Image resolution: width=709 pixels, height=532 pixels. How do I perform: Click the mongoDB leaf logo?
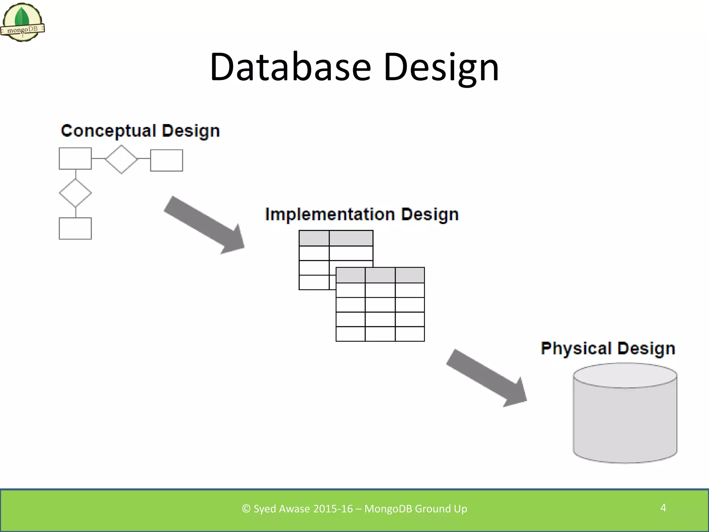(22, 22)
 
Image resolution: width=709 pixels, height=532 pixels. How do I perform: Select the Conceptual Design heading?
(140, 131)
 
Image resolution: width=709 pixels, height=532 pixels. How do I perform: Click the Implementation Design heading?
(362, 214)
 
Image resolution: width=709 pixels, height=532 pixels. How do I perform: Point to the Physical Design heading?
(608, 348)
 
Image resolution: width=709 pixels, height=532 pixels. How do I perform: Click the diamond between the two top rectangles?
(121, 159)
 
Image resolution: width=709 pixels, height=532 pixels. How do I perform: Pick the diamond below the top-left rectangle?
(75, 193)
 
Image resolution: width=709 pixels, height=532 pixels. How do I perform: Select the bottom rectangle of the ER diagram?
(75, 228)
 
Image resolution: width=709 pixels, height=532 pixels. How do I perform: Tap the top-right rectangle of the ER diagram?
(167, 160)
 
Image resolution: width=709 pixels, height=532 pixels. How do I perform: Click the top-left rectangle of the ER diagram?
(75, 158)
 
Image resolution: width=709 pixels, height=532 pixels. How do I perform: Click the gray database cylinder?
(625, 423)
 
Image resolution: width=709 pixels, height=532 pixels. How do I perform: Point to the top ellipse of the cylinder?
(625, 375)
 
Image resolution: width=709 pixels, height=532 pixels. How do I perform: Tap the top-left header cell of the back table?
(314, 238)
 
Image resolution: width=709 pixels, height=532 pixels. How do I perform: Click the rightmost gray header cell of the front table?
(410, 275)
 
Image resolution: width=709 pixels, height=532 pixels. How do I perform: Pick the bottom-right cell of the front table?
(410, 334)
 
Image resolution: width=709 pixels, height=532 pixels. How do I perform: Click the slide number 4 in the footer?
(663, 508)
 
